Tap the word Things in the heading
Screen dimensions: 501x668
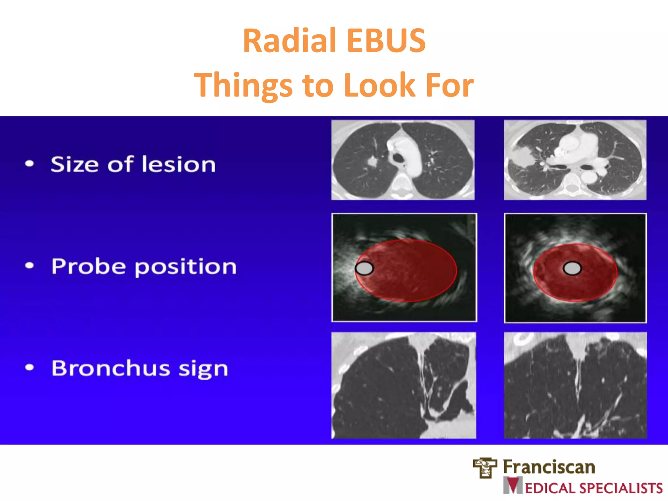[243, 85]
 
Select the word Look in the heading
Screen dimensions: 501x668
[379, 85]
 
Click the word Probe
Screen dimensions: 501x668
[88, 266]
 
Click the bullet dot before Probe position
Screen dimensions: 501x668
[29, 266]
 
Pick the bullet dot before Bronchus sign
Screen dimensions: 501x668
[29, 368]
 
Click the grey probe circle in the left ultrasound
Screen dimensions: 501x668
[364, 268]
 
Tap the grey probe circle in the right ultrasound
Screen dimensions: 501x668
[572, 268]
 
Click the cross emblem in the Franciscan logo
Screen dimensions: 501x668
[485, 468]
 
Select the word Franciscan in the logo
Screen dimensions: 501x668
[549, 467]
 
